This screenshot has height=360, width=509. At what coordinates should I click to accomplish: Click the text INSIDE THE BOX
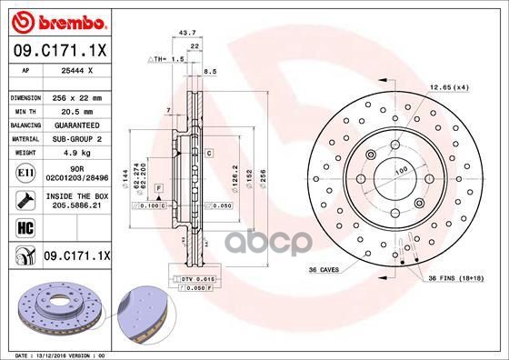[75, 195]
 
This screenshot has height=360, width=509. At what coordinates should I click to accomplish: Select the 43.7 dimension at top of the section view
[189, 33]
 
